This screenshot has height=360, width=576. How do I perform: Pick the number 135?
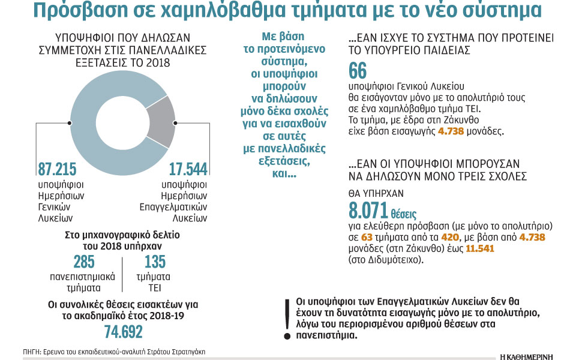tap(155, 263)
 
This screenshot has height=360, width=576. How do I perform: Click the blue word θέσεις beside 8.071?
tap(404, 214)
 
